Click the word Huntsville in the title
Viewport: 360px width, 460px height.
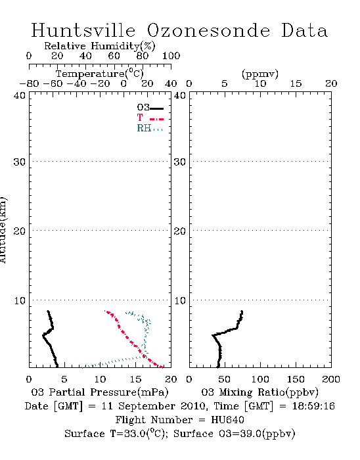point(83,30)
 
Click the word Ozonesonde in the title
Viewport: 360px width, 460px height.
point(208,30)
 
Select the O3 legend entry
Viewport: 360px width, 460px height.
point(150,108)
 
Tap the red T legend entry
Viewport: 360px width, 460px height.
point(150,118)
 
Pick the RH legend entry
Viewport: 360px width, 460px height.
point(150,128)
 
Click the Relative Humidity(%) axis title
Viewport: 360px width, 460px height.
point(100,46)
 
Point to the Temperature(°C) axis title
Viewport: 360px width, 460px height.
point(100,74)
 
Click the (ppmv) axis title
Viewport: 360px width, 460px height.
point(260,74)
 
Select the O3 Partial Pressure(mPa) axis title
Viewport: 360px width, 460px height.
point(100,392)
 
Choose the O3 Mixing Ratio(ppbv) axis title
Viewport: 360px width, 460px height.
point(259,392)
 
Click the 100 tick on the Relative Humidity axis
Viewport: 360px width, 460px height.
point(171,56)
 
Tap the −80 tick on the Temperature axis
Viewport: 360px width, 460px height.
point(29,83)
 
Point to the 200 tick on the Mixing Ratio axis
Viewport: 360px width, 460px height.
point(331,379)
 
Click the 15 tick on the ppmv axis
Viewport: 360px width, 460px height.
point(296,83)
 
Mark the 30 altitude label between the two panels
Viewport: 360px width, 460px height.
point(180,162)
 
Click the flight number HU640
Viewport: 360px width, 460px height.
point(227,420)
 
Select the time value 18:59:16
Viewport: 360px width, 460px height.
point(313,406)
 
